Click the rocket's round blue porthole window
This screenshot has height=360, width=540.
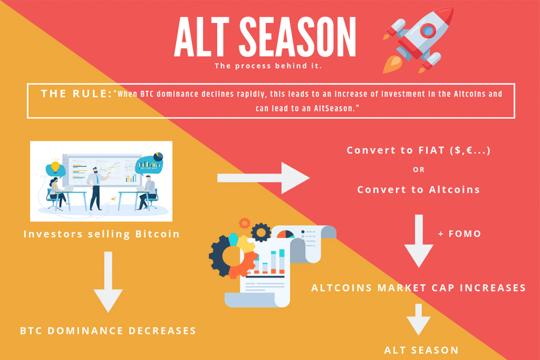(428, 31)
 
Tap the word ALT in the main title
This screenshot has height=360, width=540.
(202, 37)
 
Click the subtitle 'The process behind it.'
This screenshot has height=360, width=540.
(268, 66)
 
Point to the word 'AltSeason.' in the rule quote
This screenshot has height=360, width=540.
(337, 108)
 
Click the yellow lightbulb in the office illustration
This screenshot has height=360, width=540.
(55, 166)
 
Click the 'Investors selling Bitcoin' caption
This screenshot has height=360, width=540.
(102, 234)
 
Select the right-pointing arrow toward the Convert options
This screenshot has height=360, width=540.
(263, 178)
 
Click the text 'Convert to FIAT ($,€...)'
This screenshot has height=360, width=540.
(418, 150)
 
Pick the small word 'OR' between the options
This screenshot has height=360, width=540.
(419, 170)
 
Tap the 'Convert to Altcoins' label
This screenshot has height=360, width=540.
(418, 189)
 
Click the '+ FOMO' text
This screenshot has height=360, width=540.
(459, 234)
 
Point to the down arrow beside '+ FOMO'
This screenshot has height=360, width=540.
(419, 241)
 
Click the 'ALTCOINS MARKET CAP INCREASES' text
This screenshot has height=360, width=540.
(418, 288)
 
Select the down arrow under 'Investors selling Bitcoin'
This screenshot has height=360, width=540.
(108, 282)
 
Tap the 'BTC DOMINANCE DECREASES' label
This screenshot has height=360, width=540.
(108, 331)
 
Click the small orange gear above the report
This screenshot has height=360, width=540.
(244, 223)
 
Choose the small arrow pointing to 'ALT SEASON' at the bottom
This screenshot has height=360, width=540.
(418, 319)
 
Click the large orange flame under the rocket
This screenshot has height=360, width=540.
(392, 64)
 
